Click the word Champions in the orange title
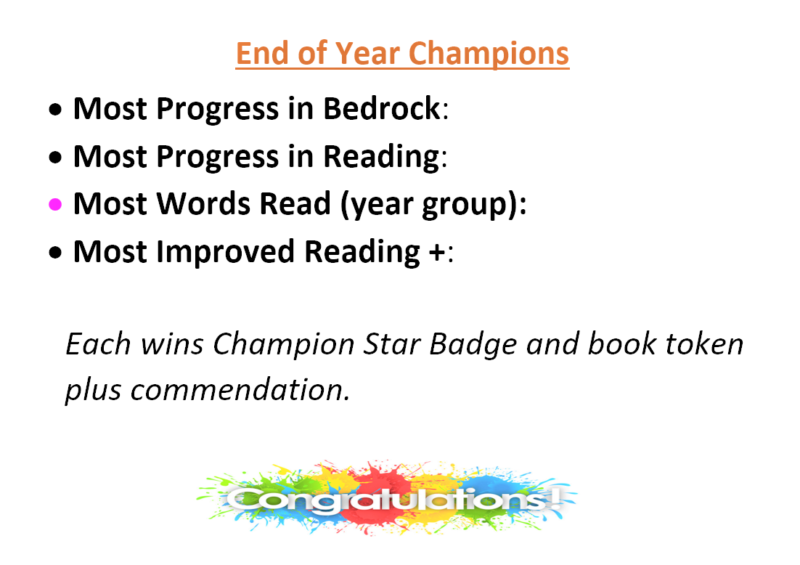pos(489,54)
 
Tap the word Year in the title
pos(367,54)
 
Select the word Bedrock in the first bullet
pos(382,108)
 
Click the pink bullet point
pos(55,205)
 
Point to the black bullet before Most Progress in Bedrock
pos(55,109)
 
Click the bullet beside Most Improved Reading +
pos(55,252)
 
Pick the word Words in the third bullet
pos(203,203)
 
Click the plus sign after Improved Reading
pos(437,252)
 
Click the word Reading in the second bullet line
pos(381,157)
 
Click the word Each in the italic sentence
pos(99,344)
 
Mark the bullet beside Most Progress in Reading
pos(55,157)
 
